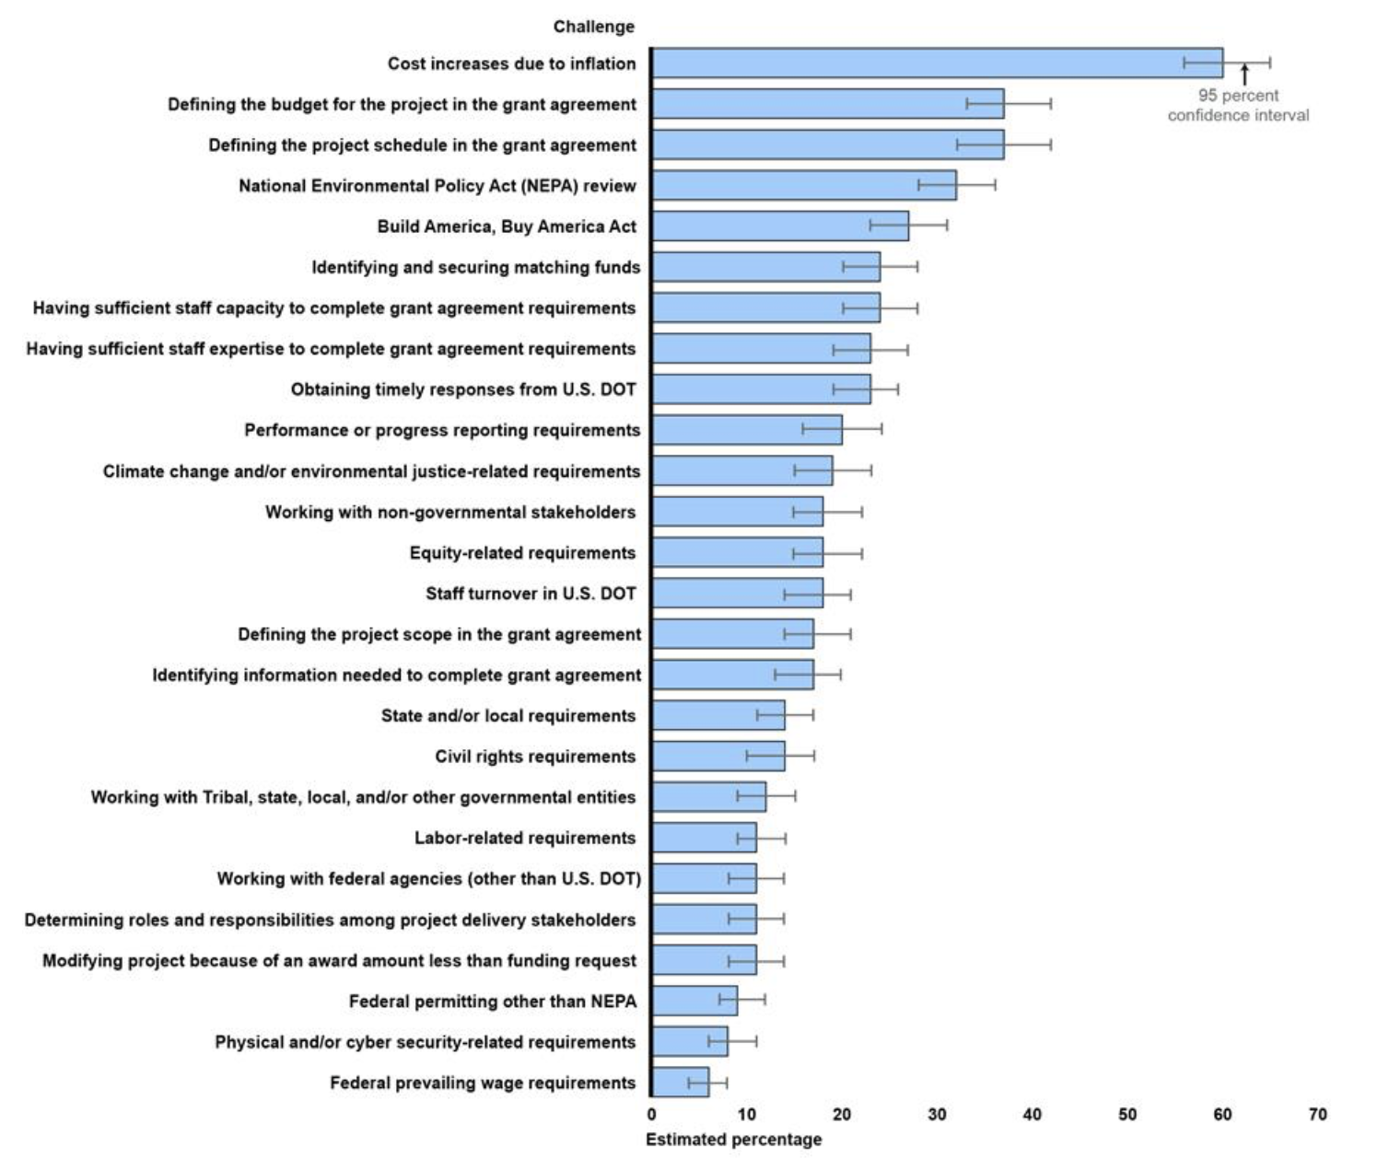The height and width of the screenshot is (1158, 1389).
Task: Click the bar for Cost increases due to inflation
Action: [937, 63]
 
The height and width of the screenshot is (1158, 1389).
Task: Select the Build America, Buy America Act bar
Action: [780, 226]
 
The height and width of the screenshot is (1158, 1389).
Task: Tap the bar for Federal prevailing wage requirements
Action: [681, 1083]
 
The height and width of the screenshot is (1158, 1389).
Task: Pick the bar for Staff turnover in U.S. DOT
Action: [737, 593]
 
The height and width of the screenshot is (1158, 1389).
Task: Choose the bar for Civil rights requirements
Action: [718, 756]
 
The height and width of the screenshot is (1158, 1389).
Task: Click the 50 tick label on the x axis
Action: [1127, 1115]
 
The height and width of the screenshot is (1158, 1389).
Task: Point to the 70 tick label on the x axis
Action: [1318, 1115]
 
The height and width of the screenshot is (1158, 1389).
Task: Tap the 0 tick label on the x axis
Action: [652, 1115]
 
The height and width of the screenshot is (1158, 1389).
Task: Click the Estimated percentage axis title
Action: [733, 1140]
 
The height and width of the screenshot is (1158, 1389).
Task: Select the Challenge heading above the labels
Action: [593, 27]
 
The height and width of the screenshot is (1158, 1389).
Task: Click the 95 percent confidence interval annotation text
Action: [1238, 105]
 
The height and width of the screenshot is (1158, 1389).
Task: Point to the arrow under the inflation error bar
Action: [1244, 75]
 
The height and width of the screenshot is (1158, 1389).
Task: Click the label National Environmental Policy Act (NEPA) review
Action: [437, 186]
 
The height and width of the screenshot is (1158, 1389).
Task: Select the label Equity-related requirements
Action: [522, 552]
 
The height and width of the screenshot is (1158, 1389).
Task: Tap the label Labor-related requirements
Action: [524, 838]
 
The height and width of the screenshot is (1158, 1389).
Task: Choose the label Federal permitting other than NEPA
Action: [492, 1002]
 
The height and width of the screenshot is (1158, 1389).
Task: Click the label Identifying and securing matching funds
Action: [475, 267]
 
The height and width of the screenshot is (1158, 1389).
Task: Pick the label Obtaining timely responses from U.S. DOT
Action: [463, 389]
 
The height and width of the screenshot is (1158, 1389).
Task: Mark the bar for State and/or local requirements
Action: [718, 715]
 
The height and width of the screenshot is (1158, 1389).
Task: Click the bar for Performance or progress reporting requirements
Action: [747, 430]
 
